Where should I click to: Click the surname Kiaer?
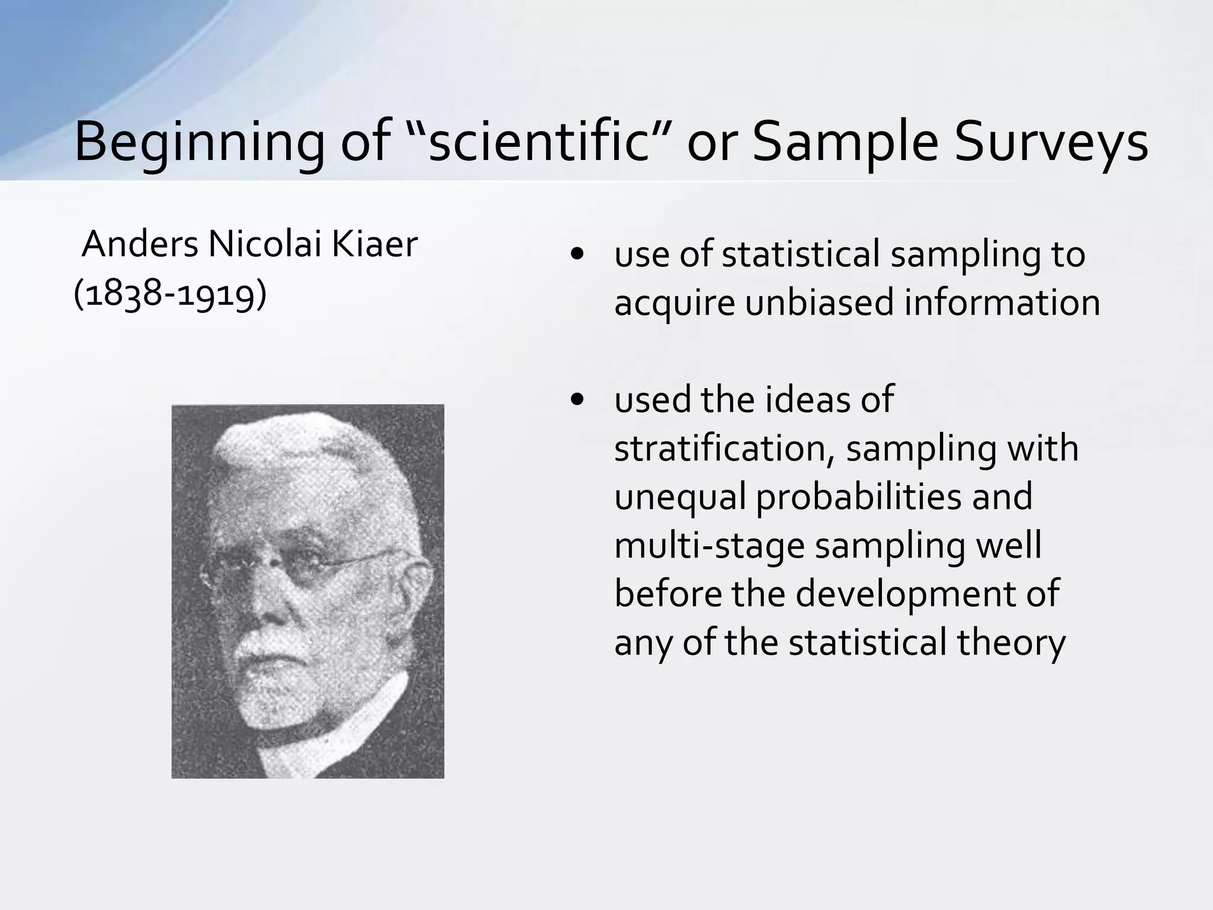[374, 244]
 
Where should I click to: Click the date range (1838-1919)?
[170, 293]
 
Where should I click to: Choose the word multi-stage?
[709, 546]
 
